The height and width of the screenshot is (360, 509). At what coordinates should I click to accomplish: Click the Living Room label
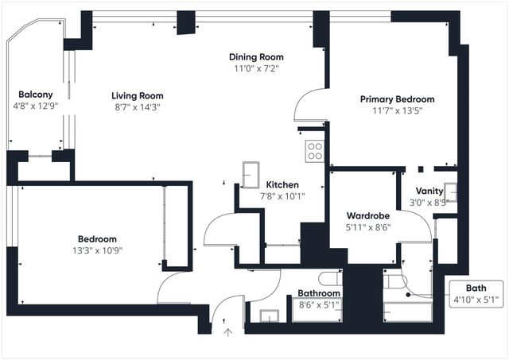pos(137,96)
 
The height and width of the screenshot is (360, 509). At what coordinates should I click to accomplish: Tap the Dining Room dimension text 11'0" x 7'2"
pos(256,68)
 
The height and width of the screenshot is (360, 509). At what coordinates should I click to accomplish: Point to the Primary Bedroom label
pos(397,99)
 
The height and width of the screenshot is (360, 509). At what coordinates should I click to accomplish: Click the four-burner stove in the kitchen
pos(315,151)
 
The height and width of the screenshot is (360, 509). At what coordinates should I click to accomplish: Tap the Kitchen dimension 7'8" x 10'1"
pos(283,195)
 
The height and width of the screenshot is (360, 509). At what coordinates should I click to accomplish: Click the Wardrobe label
pos(367,215)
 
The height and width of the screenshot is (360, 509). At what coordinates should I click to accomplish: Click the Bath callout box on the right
pos(476,293)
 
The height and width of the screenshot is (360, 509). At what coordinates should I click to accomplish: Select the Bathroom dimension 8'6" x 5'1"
pos(319,304)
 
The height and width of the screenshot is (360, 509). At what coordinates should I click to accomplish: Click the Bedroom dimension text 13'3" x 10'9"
pos(97,250)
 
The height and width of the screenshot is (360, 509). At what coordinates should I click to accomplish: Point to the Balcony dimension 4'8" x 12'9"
pos(36,105)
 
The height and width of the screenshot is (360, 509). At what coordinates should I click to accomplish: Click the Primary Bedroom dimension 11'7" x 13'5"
pos(397,111)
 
